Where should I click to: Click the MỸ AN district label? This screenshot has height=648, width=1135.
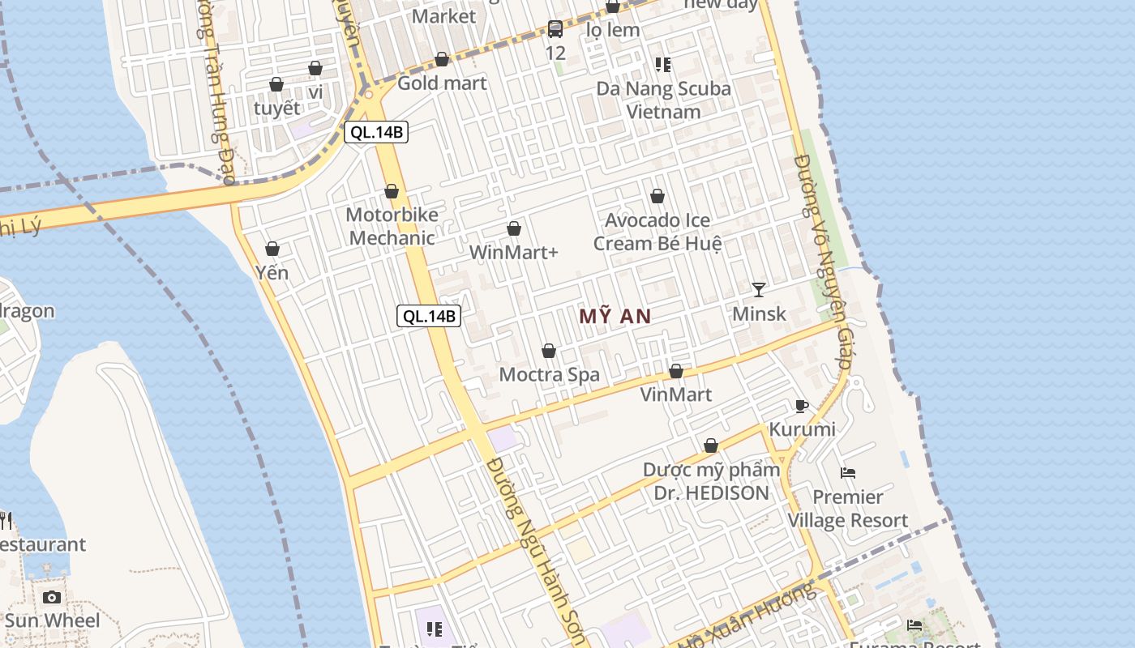click(x=615, y=317)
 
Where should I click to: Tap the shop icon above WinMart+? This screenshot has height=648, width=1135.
click(x=513, y=229)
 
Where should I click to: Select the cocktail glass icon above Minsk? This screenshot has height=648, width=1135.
click(x=758, y=289)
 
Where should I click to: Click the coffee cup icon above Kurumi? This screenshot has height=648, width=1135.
click(x=801, y=406)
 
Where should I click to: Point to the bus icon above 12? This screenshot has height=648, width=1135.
click(x=555, y=29)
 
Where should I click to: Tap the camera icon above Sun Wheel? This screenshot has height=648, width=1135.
click(x=52, y=597)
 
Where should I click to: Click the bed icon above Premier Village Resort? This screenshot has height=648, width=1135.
click(x=848, y=472)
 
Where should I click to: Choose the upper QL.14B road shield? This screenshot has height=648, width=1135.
click(x=376, y=132)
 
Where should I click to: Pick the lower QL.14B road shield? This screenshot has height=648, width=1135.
click(x=429, y=316)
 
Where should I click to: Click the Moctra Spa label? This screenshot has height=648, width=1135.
click(x=549, y=374)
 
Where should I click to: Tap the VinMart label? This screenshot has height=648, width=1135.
click(x=675, y=394)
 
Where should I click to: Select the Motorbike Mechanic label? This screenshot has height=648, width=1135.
click(x=392, y=226)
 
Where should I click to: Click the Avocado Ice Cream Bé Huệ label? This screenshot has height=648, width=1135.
click(x=657, y=232)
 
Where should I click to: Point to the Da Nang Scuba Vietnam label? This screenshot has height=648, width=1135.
click(x=663, y=100)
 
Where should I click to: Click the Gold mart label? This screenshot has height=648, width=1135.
click(x=442, y=83)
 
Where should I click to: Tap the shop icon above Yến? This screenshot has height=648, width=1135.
click(x=272, y=249)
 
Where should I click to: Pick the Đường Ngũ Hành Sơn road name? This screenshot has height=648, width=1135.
click(x=538, y=551)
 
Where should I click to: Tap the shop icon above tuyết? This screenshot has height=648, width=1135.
click(x=276, y=85)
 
